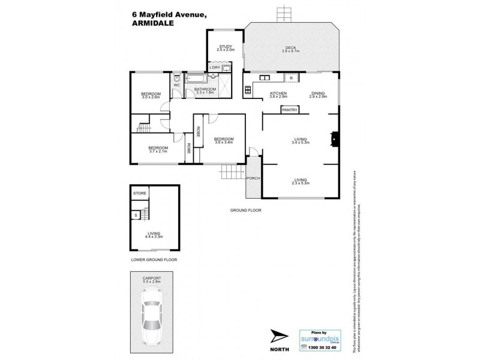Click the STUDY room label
226,46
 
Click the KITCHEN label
278,93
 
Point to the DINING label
319,93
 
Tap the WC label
177,85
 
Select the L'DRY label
215,67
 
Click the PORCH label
253,178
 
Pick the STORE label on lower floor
140,193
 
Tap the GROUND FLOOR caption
245,211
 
